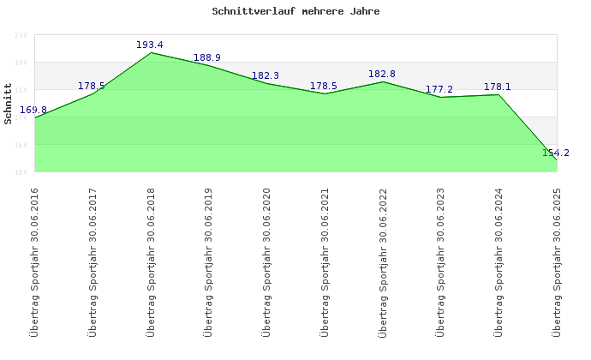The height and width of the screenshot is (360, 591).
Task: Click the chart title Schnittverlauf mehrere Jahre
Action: pos(295,12)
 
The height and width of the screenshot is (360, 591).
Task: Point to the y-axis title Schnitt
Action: pos(8,103)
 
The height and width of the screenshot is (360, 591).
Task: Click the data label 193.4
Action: pos(150,45)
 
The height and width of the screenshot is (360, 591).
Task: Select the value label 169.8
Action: pos(33,110)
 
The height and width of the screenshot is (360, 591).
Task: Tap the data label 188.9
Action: pos(208,58)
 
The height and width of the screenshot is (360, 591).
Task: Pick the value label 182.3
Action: pos(266,75)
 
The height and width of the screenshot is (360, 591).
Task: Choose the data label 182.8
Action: pos(382,74)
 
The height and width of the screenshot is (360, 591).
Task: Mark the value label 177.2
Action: pos(439,89)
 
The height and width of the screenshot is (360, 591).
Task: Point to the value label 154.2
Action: pos(556,153)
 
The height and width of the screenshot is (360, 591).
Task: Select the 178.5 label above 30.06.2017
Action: pos(92,86)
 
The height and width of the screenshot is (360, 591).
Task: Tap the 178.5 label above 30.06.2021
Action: pos(324,86)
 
